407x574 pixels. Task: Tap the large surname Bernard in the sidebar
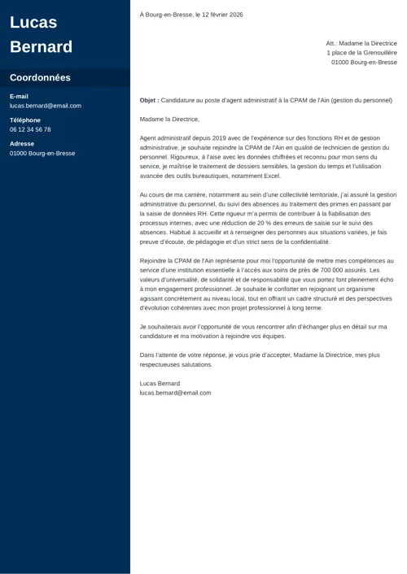click(41, 46)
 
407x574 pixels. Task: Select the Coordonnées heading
click(40, 78)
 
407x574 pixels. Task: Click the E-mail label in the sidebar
click(19, 96)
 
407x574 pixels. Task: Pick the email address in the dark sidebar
click(46, 106)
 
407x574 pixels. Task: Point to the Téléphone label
click(24, 120)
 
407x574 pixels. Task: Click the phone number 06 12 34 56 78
click(30, 129)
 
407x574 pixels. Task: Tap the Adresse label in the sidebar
click(22, 143)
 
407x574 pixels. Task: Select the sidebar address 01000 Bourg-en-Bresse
click(42, 153)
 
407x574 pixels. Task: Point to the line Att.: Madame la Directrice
click(361, 43)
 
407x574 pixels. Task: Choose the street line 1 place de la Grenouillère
click(361, 53)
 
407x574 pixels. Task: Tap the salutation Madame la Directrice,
click(169, 120)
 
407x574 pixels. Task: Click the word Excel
click(272, 176)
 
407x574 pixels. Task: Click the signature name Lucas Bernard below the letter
click(160, 383)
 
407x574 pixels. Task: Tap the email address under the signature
click(175, 393)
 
